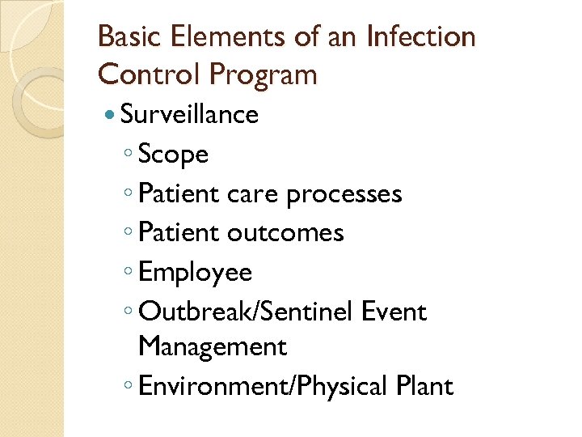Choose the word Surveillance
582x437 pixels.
(x=189, y=115)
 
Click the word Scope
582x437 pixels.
(x=173, y=155)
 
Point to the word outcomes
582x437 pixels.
(x=285, y=233)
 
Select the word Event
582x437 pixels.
(x=394, y=312)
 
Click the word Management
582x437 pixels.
(x=213, y=347)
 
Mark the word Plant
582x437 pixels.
(x=424, y=386)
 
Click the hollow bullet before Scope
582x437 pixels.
(x=129, y=155)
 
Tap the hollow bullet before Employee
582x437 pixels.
(x=129, y=273)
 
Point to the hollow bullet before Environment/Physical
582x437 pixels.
(x=129, y=387)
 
